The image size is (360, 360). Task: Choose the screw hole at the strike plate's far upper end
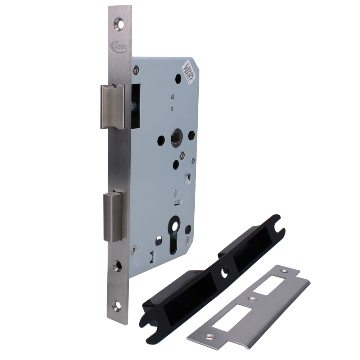pyautogui.click(x=287, y=273)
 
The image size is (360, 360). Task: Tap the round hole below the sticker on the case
pyautogui.click(x=178, y=78)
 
